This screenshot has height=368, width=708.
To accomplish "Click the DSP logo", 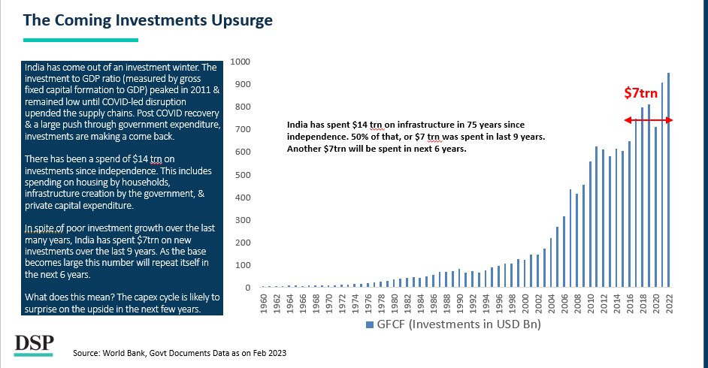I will (35, 344).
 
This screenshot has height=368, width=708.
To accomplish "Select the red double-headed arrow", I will (648, 120).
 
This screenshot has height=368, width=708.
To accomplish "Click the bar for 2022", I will (668, 180).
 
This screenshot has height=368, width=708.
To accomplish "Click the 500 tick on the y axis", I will (244, 175).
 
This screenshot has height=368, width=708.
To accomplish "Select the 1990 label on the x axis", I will (459, 303).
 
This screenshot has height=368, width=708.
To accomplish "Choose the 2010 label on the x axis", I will (590, 303).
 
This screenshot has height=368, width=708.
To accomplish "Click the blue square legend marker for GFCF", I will (368, 325).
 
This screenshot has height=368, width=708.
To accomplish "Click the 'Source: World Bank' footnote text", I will (180, 352).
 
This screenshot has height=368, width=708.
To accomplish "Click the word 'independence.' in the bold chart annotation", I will (320, 137).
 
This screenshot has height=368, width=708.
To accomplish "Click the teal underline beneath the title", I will (80, 40).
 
